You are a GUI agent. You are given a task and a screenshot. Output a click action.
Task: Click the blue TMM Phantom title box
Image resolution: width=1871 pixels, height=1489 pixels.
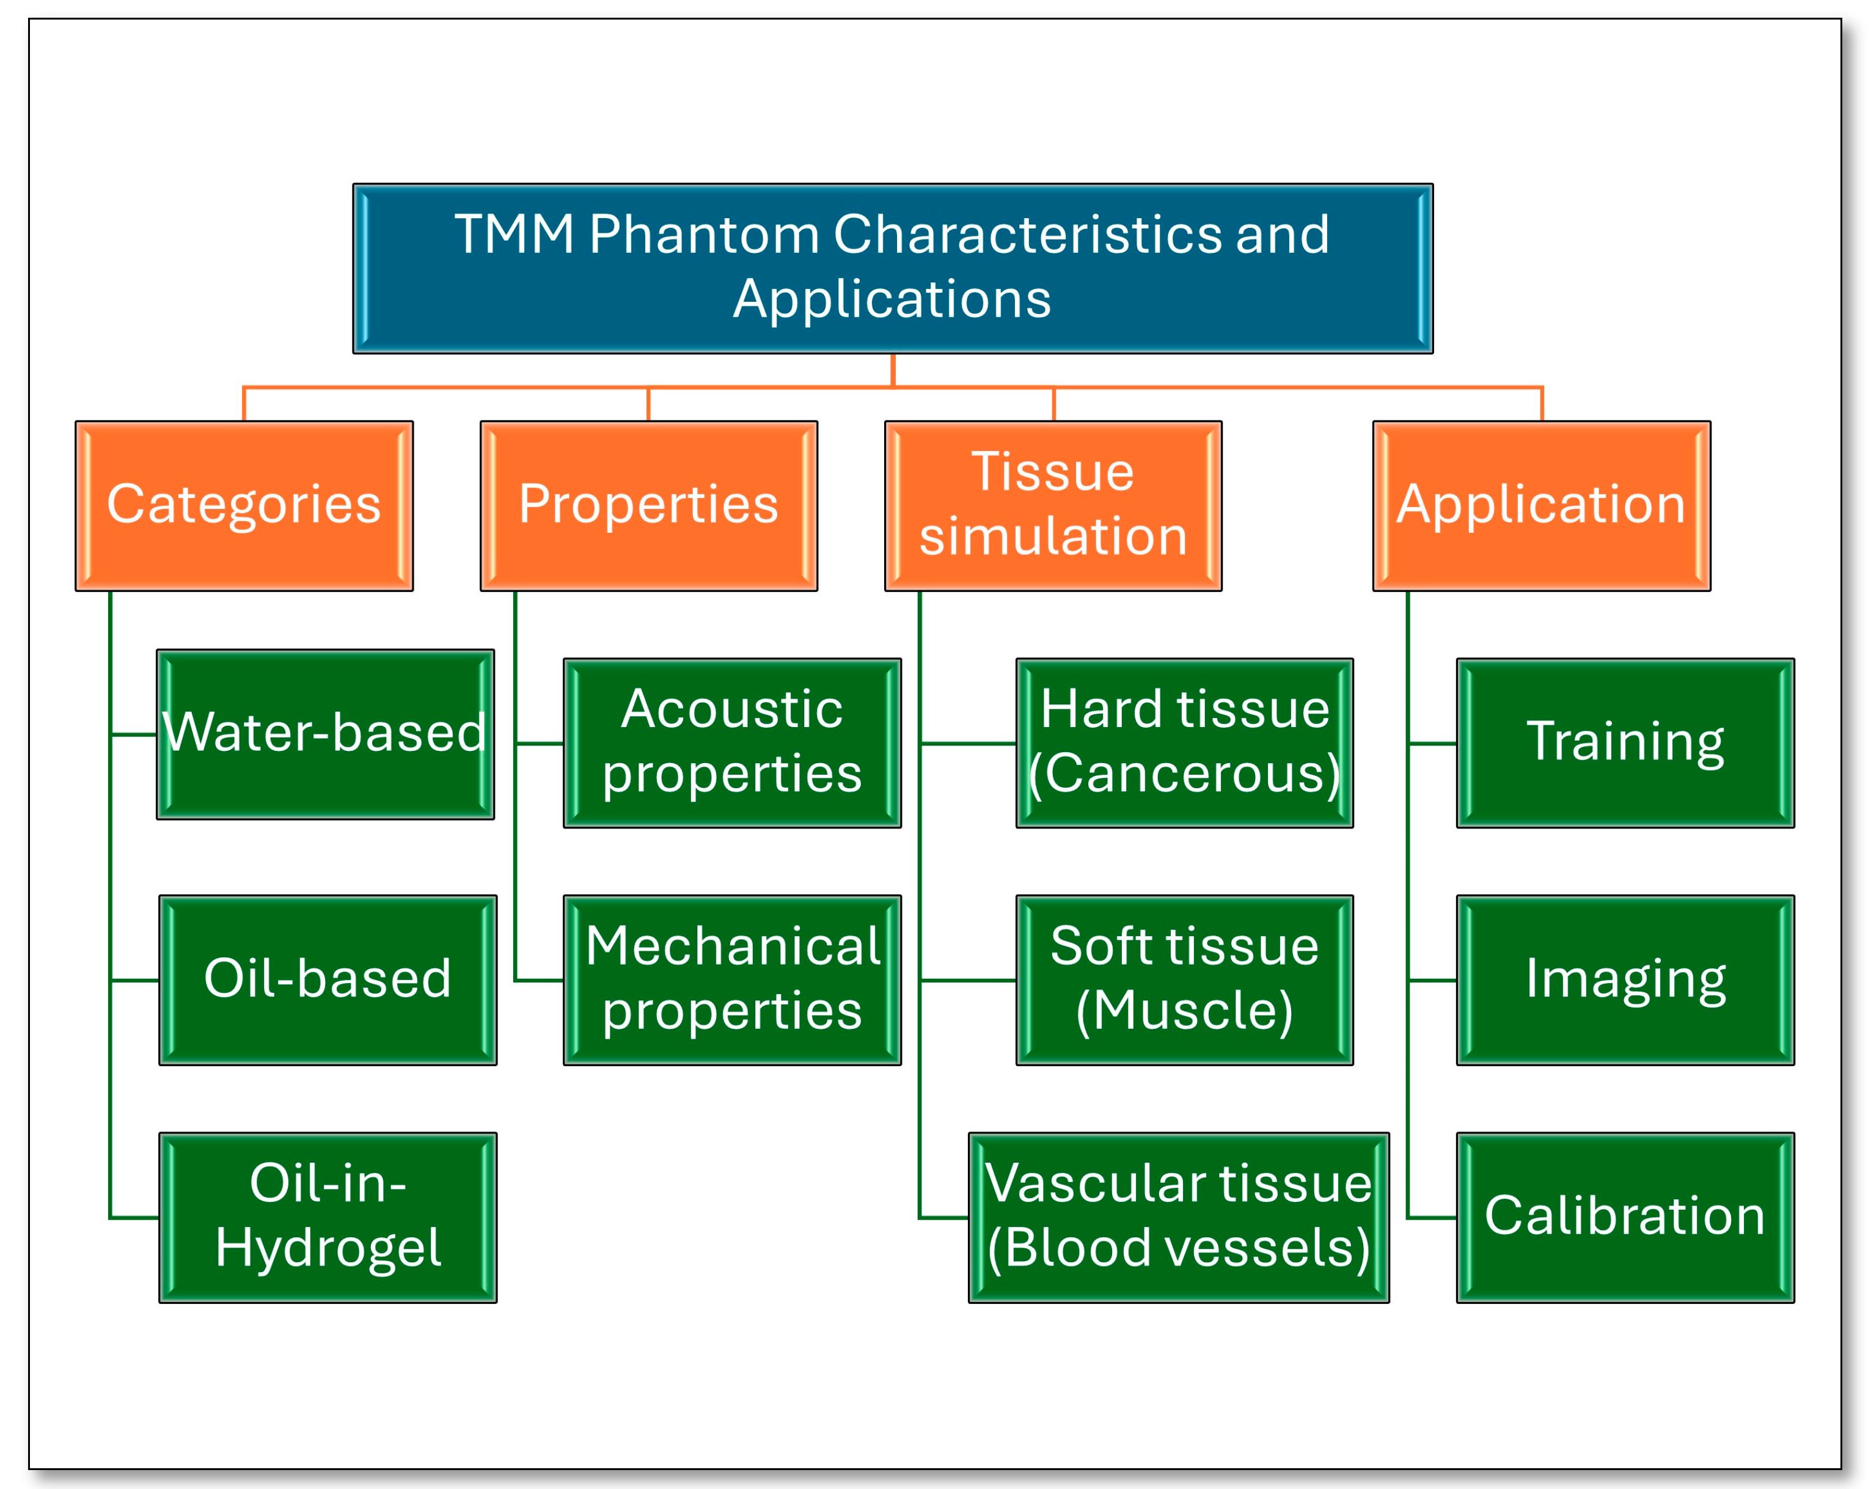click(892, 268)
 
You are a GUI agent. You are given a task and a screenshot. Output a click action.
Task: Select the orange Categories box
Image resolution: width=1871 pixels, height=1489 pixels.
click(244, 506)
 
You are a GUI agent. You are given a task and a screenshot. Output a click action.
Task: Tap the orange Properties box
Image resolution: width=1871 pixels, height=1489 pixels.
click(648, 506)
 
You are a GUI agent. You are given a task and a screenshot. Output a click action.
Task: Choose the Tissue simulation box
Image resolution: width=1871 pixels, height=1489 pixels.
click(1053, 506)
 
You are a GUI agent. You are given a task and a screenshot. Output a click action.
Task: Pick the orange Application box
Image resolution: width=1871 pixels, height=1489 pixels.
click(1540, 506)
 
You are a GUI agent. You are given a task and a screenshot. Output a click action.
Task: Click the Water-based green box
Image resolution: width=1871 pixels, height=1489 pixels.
click(326, 734)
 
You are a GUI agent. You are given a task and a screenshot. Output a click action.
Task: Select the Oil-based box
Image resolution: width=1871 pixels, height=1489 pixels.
click(327, 979)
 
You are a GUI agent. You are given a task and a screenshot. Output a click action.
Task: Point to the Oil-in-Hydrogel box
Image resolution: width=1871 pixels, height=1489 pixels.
click(327, 1216)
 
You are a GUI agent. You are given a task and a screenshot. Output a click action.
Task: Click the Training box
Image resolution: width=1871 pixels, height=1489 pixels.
click(1625, 743)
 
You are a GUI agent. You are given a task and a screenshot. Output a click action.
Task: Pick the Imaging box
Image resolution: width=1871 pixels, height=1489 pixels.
click(1625, 979)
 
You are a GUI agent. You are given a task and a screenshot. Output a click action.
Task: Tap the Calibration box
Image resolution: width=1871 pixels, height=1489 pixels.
click(1625, 1216)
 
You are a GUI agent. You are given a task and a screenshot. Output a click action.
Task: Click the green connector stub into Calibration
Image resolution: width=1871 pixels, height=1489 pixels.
click(1432, 1217)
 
